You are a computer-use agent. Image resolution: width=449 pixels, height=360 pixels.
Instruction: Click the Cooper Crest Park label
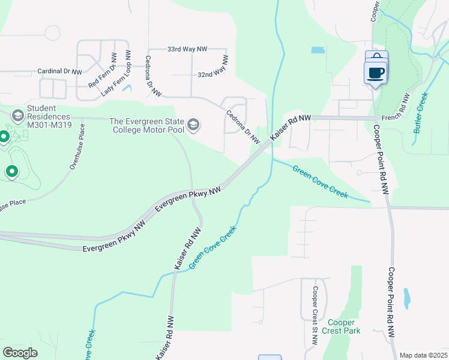(340, 326)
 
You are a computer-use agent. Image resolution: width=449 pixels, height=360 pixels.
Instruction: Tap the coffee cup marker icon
(376, 73)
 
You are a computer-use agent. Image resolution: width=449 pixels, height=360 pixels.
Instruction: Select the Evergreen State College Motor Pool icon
(193, 125)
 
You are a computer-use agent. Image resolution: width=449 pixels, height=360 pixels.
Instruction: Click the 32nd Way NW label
(212, 67)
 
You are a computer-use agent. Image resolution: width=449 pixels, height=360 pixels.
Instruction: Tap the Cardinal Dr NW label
(59, 71)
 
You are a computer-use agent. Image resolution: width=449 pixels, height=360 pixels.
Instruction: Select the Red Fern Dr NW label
(102, 70)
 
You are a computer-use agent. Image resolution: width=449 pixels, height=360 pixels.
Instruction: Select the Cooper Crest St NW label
(315, 316)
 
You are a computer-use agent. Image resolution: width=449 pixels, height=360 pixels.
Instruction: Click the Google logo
(20, 353)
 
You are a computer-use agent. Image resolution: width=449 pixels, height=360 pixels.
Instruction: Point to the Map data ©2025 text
(423, 355)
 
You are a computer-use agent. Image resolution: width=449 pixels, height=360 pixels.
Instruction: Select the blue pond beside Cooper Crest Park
(407, 296)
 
